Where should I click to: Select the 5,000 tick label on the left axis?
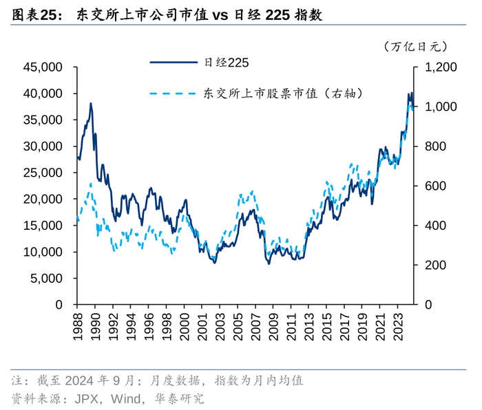point(48,279)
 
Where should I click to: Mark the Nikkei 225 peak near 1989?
point(91,104)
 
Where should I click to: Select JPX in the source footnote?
point(85,398)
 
